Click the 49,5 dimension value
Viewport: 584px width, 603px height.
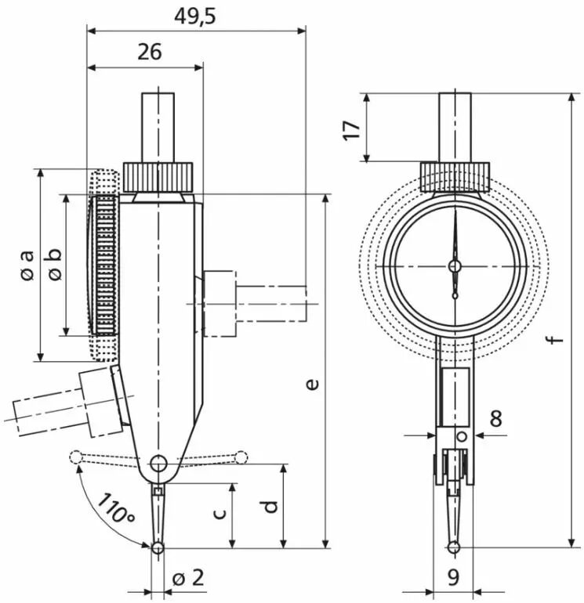[x=194, y=17]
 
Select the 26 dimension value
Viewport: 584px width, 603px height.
[x=150, y=52]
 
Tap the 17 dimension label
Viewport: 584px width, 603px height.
[x=352, y=130]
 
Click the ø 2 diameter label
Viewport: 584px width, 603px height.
[x=188, y=578]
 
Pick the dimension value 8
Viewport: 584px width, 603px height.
[x=496, y=418]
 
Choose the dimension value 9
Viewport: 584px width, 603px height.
[x=454, y=577]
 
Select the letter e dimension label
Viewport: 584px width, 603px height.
[x=314, y=385]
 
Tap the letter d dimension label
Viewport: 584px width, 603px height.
[x=271, y=507]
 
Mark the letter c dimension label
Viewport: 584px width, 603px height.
[x=219, y=513]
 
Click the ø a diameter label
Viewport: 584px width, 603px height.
[x=27, y=265]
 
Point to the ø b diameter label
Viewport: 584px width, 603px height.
[x=55, y=264]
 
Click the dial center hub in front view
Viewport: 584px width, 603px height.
[x=455, y=265]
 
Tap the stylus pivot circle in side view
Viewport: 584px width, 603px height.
[x=158, y=464]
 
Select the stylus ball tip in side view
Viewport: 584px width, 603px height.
[x=158, y=548]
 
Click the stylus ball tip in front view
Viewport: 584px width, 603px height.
[x=454, y=547]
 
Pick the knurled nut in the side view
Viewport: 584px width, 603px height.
[x=158, y=177]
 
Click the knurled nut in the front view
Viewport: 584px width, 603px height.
[x=455, y=177]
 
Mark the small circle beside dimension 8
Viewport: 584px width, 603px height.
[x=462, y=437]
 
